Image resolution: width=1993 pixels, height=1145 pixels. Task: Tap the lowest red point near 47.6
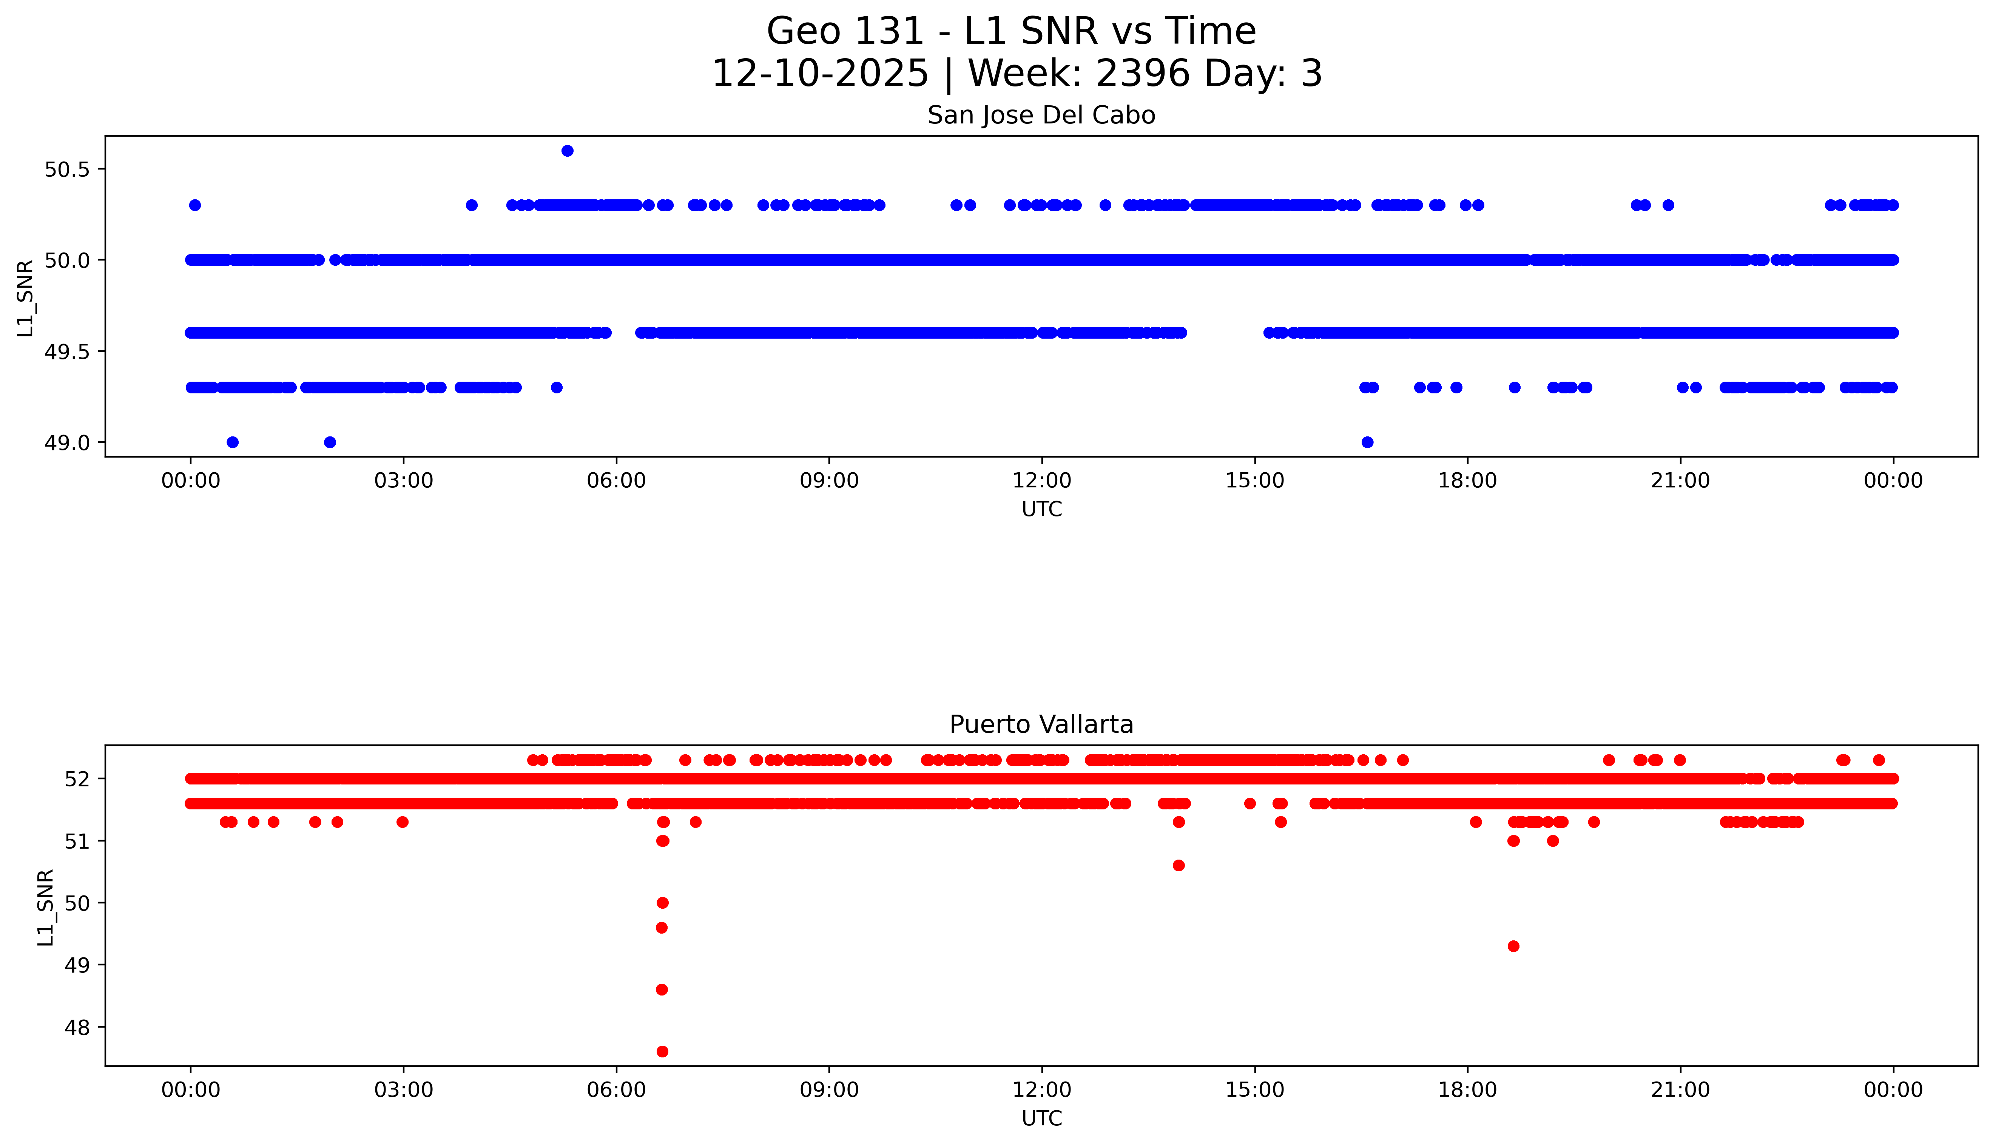[662, 1051]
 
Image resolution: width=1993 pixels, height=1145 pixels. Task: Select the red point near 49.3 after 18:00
[1513, 946]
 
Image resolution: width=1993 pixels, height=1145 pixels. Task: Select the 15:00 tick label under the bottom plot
[1254, 1090]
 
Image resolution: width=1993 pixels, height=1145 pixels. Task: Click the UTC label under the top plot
[1041, 510]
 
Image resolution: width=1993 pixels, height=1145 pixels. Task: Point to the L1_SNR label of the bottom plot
[46, 907]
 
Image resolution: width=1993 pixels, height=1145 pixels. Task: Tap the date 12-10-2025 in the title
[820, 74]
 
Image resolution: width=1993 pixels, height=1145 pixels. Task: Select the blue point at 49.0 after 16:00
[1367, 442]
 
